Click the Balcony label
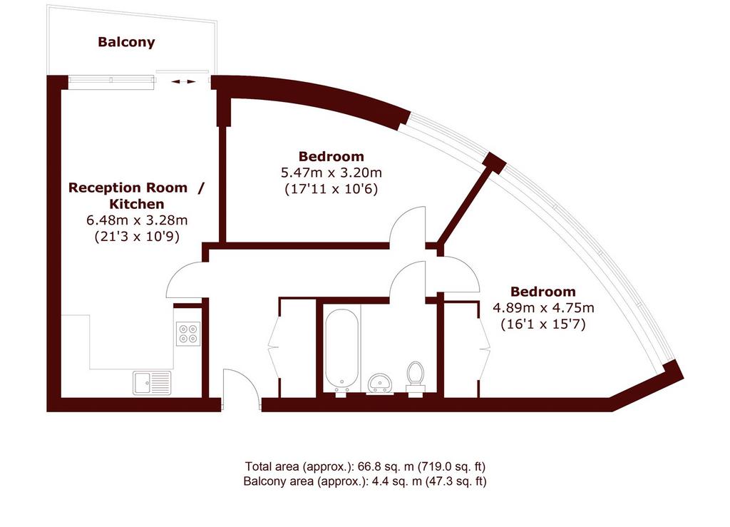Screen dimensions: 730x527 click(x=126, y=42)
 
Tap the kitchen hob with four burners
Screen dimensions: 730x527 click(x=188, y=333)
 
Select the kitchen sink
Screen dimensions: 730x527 click(x=152, y=383)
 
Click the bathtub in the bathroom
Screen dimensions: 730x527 click(x=341, y=351)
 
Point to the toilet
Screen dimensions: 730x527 click(x=416, y=377)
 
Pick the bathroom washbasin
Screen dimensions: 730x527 click(x=381, y=383)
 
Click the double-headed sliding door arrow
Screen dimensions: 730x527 click(x=183, y=82)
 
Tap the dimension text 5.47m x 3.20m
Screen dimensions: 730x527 click(x=331, y=173)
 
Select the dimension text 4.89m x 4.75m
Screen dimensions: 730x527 click(x=543, y=308)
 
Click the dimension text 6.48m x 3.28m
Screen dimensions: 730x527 click(x=137, y=220)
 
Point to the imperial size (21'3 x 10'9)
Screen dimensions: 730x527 click(x=137, y=237)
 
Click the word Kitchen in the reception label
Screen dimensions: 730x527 click(x=137, y=204)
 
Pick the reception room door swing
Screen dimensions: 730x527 click(x=185, y=280)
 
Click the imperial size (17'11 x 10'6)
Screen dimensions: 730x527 click(x=331, y=189)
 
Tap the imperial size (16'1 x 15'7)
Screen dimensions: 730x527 click(x=543, y=324)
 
